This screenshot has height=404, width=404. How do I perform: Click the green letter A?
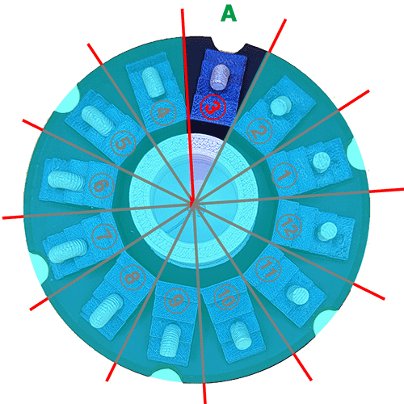(229, 14)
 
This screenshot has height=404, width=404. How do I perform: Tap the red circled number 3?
(213, 107)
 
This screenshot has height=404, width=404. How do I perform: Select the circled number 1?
(284, 175)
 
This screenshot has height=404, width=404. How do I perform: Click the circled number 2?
(259, 131)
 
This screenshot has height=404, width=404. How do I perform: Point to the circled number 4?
(163, 113)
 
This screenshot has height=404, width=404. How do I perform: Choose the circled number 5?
(124, 144)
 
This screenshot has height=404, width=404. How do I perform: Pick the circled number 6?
(102, 186)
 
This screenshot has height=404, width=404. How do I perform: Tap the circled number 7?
(104, 236)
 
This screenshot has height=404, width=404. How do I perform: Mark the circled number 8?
(133, 277)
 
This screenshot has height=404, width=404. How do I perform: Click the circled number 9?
(176, 301)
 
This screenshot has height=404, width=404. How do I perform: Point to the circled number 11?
(268, 270)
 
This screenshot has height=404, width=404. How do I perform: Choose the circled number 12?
(289, 227)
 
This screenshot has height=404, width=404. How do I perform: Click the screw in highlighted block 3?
(220, 77)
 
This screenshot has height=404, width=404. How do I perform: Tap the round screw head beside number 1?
(322, 162)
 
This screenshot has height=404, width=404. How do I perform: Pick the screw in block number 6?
(67, 181)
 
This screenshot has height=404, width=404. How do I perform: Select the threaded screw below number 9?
(170, 339)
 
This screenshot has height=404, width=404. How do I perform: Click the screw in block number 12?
(327, 231)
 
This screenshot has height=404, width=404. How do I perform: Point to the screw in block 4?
(154, 82)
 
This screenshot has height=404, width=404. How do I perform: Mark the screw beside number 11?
(298, 296)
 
